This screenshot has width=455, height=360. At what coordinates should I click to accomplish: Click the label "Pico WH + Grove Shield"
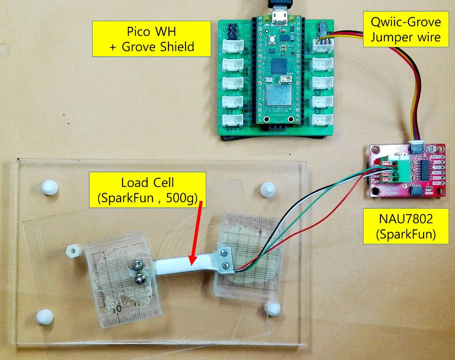[152, 39]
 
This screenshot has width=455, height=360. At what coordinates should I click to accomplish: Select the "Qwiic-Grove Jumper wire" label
[406, 29]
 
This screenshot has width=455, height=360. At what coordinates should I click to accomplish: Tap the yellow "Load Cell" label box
[147, 190]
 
